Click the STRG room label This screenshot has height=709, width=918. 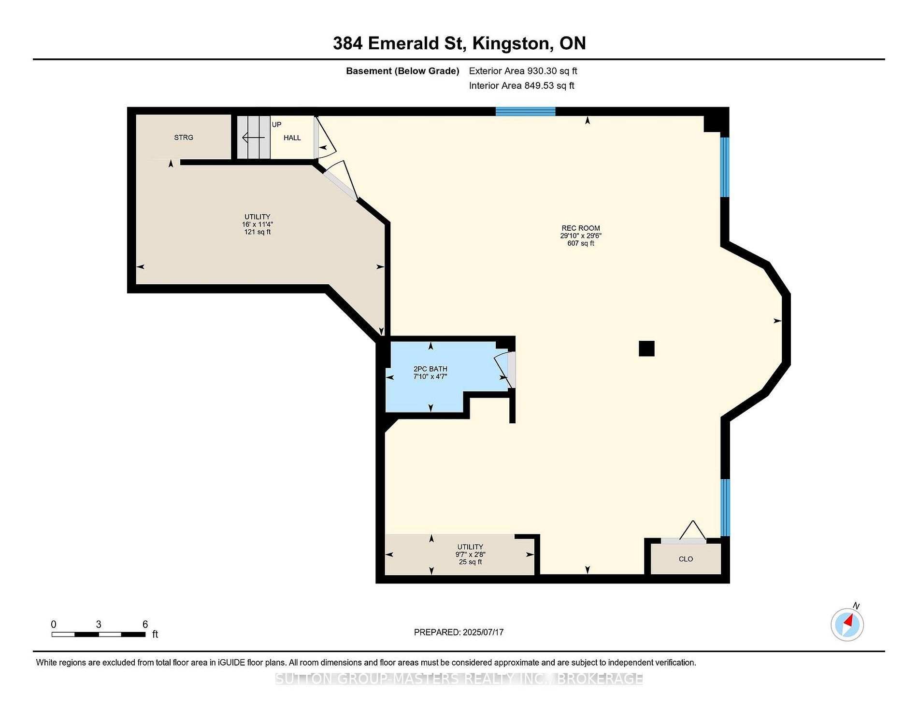(184, 138)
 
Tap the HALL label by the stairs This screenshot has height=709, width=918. (292, 138)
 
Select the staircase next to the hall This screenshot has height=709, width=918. (253, 138)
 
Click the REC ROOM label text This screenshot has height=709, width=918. (581, 228)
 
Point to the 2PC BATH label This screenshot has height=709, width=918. (430, 369)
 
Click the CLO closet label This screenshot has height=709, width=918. (686, 559)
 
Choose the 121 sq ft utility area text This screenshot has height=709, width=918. (258, 232)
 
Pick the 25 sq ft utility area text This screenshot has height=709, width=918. (470, 562)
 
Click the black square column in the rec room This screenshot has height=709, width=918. (646, 348)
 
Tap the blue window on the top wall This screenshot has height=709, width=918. (526, 111)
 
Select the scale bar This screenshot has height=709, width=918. (99, 634)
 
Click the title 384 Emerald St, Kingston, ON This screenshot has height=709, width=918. (459, 43)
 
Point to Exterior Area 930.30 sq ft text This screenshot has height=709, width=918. (523, 71)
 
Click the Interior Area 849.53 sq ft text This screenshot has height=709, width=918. (522, 85)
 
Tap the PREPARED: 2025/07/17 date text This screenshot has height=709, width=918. (459, 632)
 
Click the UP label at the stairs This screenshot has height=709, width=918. (276, 125)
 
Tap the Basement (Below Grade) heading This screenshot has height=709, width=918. (402, 71)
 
